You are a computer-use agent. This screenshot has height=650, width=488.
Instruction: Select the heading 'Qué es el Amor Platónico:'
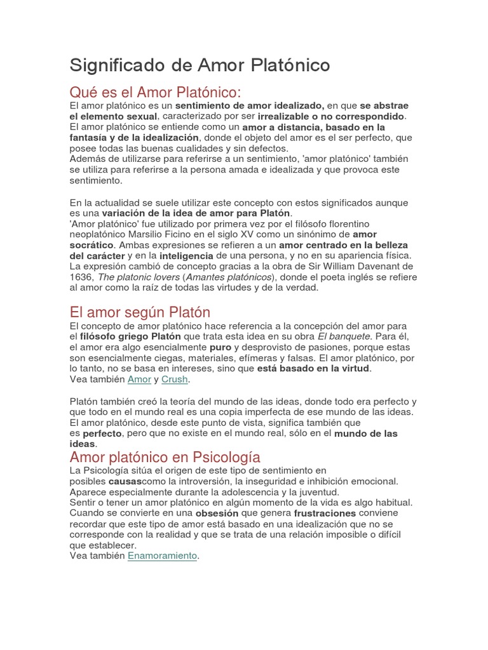(156, 91)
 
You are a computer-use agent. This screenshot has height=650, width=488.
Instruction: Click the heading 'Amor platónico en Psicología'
(165, 457)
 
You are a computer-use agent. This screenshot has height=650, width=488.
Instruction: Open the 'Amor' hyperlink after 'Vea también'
(139, 379)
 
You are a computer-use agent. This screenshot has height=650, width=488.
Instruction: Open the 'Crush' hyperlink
(175, 379)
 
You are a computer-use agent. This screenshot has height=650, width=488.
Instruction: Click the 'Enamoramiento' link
(163, 555)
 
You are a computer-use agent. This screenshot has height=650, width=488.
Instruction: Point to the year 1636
(81, 277)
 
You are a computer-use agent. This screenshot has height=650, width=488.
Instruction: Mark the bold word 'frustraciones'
(324, 512)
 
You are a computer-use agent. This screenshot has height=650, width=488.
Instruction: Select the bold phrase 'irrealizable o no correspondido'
(330, 116)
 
